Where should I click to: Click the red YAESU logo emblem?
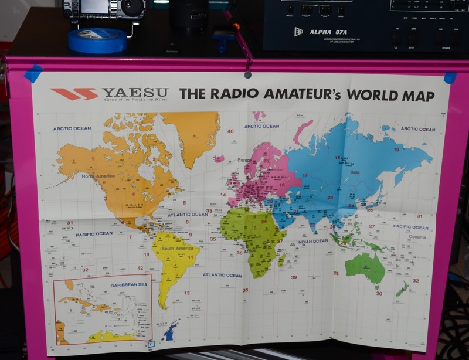(73, 94)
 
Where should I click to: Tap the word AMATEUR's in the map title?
(303, 94)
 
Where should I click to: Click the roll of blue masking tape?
(97, 40)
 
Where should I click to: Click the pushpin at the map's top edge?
(248, 74)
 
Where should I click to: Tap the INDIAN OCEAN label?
(312, 241)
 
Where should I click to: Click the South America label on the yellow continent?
(177, 249)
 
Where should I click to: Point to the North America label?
(97, 176)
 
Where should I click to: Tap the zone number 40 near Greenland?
(230, 131)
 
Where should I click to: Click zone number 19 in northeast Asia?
(396, 150)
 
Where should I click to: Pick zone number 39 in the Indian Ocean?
(294, 277)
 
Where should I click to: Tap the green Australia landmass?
(365, 266)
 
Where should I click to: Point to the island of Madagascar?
(282, 259)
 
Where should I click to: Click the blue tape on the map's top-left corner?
(33, 73)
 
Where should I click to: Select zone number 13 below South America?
(187, 293)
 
